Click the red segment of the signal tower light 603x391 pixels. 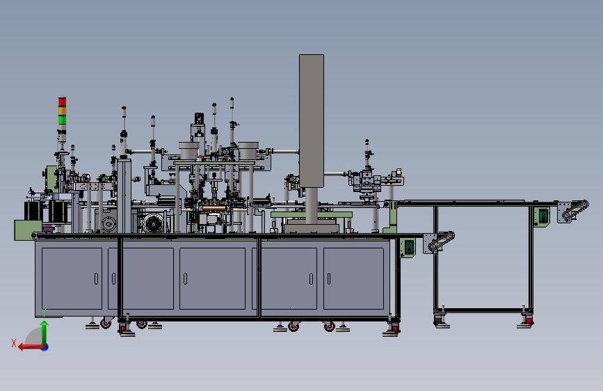click(62, 102)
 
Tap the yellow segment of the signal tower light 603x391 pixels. click(62, 111)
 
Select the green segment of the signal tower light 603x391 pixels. click(62, 120)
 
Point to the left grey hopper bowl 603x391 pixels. click(188, 150)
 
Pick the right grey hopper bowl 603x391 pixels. click(248, 150)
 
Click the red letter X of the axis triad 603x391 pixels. click(14, 343)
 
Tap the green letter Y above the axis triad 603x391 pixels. click(44, 312)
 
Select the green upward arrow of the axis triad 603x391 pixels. click(45, 333)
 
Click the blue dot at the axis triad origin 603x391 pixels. click(45, 347)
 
